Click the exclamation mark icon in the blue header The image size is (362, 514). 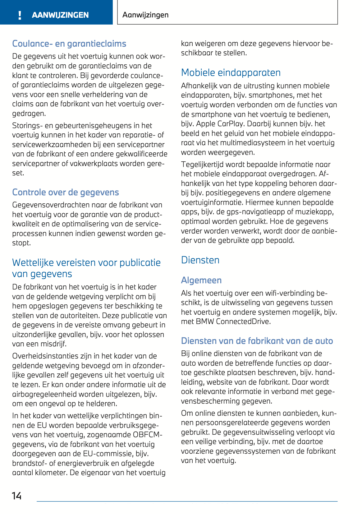pos(20,15)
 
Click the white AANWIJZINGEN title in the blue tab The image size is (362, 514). pos(60,15)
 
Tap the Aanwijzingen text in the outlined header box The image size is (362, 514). pos(145,15)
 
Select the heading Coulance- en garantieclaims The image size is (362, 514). pos(69,44)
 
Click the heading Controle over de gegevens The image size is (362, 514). pos(65,192)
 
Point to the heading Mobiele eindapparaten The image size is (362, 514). pos(231,72)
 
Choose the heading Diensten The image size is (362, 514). pos(200,260)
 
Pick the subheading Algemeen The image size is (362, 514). pos(201,280)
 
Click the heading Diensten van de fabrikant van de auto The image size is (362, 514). pos(257,341)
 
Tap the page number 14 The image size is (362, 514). pos(17,496)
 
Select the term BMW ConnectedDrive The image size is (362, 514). pos(233,322)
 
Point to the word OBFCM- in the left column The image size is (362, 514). pos(148,435)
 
